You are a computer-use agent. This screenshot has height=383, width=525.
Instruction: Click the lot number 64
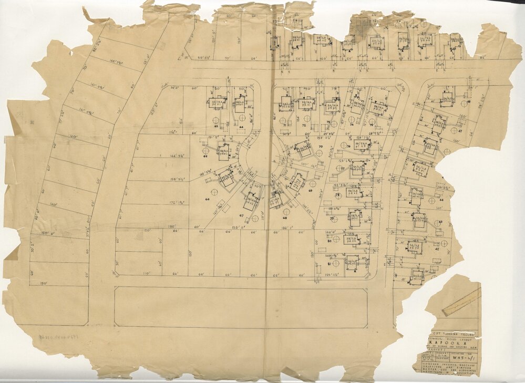tap(241, 127)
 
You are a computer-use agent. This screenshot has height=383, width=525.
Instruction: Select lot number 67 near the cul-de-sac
tap(241, 215)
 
